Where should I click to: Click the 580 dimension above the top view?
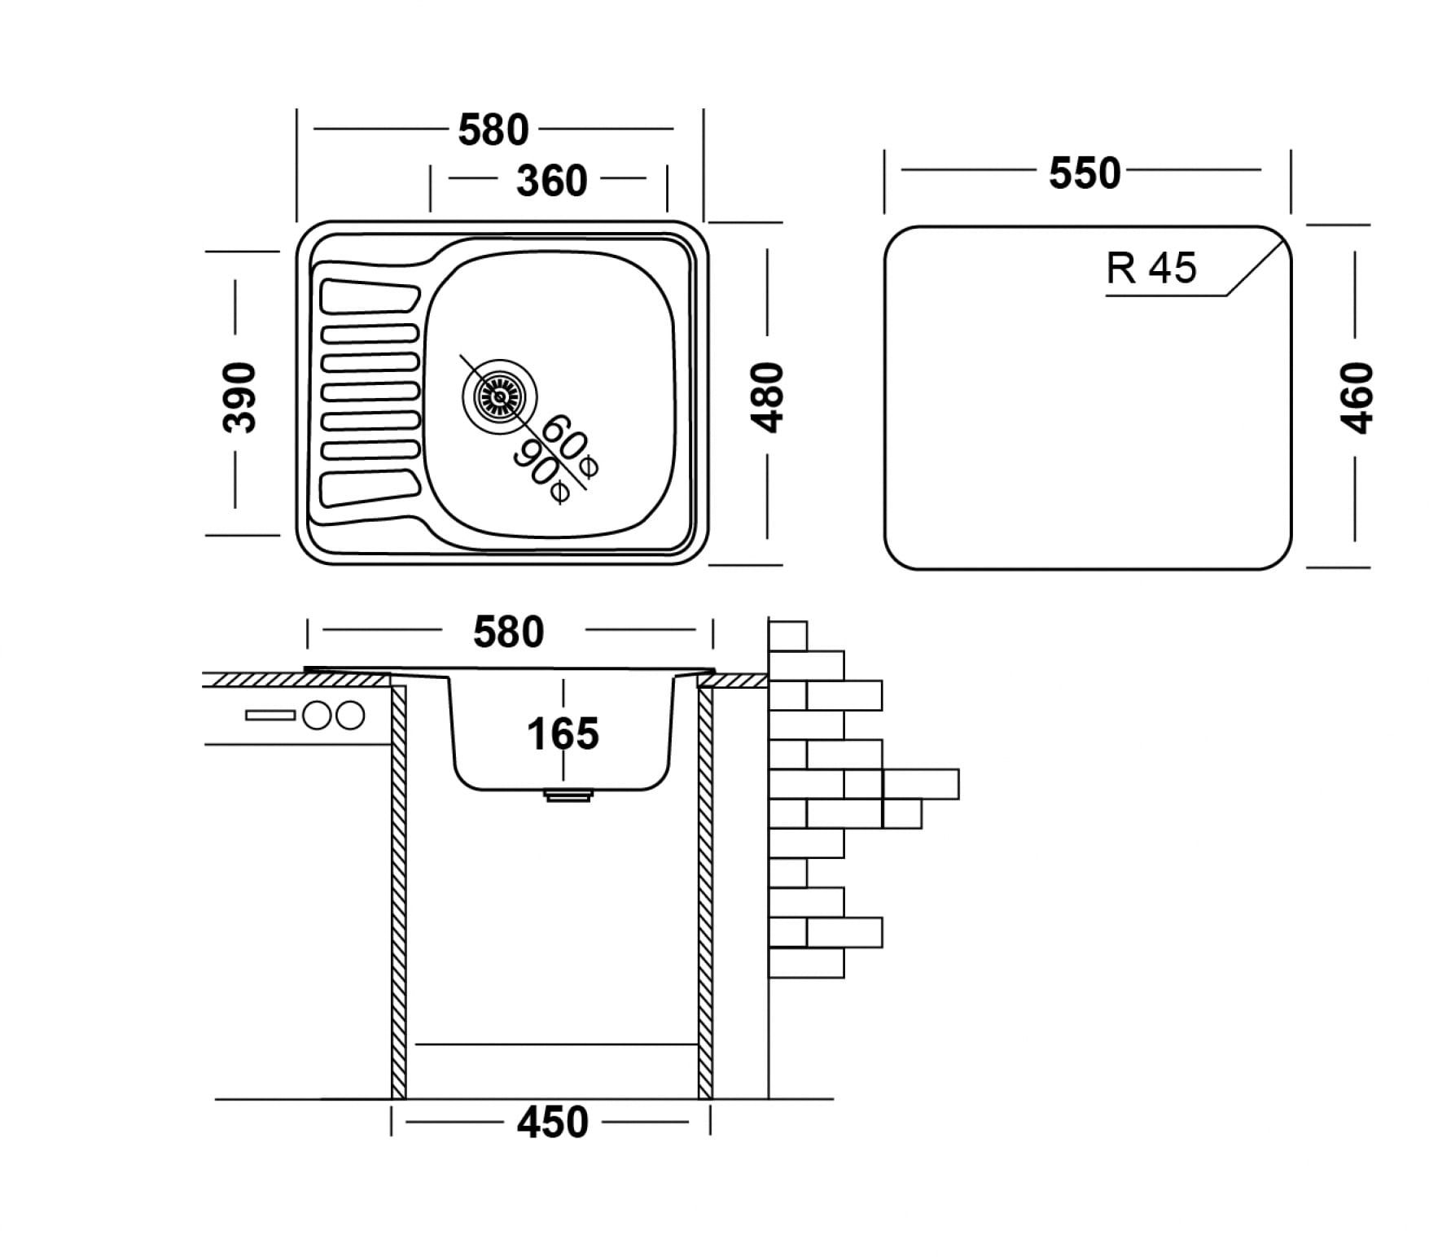click(x=493, y=130)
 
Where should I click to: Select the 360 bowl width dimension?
click(x=551, y=181)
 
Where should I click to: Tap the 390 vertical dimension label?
click(x=239, y=396)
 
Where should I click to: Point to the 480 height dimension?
click(x=768, y=396)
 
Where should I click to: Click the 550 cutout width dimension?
click(x=1085, y=173)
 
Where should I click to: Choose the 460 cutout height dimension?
click(x=1357, y=398)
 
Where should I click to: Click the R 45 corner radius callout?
click(x=1151, y=268)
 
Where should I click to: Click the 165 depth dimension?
click(x=563, y=734)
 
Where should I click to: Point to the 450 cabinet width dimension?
click(x=552, y=1123)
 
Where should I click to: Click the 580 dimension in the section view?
click(x=509, y=633)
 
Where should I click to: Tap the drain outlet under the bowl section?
click(x=568, y=795)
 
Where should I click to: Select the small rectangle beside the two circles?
click(x=270, y=716)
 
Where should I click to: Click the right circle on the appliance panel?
click(x=349, y=716)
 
